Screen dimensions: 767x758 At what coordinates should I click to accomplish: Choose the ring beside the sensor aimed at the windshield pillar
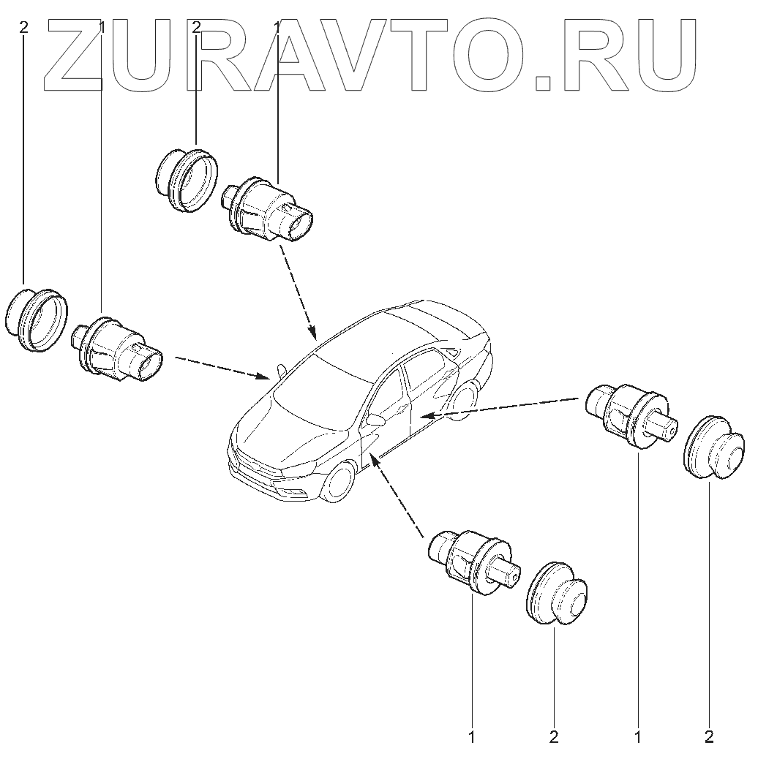point(37,320)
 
